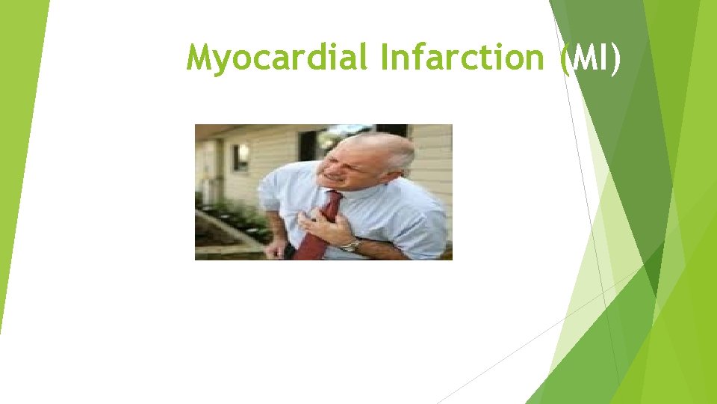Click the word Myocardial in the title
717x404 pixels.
[x=276, y=58]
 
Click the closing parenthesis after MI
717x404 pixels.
[x=615, y=58]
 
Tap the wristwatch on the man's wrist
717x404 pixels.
[x=350, y=245]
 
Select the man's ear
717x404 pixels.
[x=391, y=161]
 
